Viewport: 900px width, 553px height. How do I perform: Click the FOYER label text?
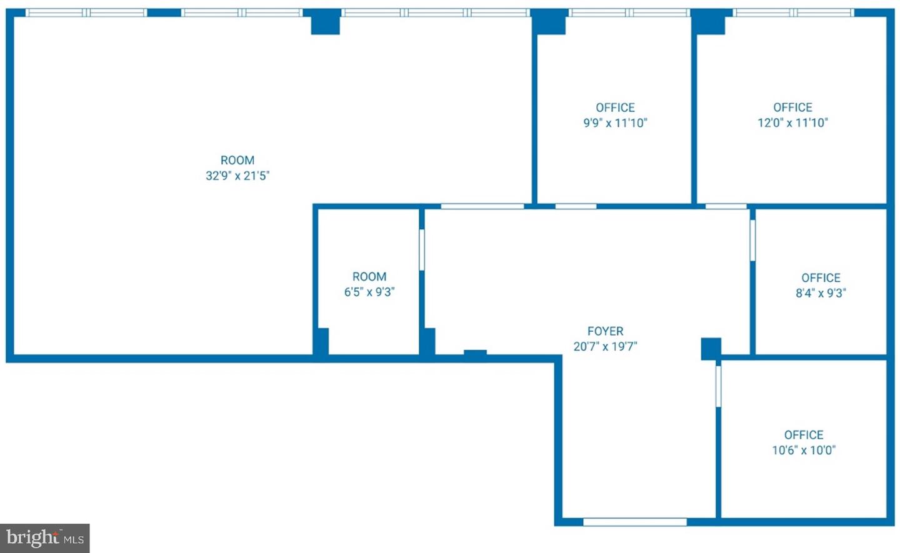coord(605,331)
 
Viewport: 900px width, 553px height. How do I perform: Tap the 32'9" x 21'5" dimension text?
coord(237,176)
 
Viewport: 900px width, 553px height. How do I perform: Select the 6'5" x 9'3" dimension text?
coord(369,292)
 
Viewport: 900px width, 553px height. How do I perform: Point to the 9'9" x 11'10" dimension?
coord(615,123)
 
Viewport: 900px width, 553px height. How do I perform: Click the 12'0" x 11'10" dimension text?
coord(792,123)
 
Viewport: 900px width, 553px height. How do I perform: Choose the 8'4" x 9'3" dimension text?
coord(821,293)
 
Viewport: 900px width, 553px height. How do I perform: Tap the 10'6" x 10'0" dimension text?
coord(804,450)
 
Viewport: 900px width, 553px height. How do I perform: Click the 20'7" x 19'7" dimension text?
coord(605,347)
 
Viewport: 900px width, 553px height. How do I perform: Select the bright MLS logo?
coord(45,538)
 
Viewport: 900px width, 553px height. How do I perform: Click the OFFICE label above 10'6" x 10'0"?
coord(804,434)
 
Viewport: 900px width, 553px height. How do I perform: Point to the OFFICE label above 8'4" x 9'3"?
coord(821,277)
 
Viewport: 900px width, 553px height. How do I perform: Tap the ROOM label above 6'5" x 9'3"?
coord(369,276)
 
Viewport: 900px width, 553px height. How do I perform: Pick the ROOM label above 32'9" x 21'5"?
coord(237,160)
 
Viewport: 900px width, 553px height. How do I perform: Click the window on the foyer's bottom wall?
coord(635,522)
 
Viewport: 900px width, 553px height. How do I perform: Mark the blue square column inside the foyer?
coord(711,348)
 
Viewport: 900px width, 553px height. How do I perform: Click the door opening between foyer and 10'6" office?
coord(718,386)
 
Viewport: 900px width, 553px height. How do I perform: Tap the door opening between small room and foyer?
coord(422,250)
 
